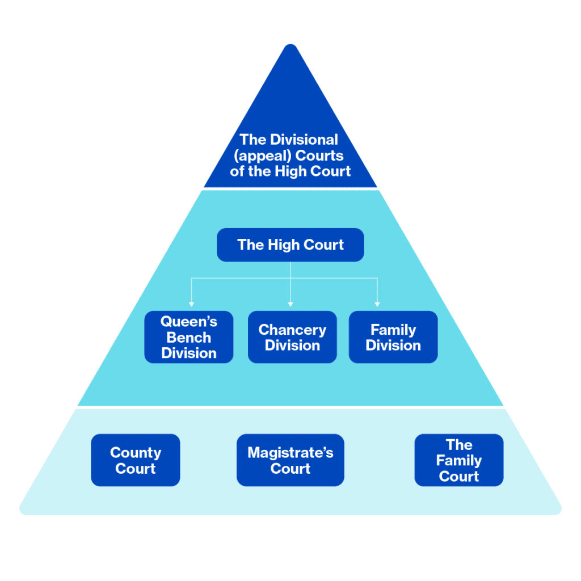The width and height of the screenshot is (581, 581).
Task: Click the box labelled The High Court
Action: pos(290,245)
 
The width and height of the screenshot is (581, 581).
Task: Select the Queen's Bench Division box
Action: pos(189,337)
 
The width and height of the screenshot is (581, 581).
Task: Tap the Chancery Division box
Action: pos(292,337)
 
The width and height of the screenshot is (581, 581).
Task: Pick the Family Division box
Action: pos(393,337)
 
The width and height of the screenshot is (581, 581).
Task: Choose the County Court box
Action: pos(136,460)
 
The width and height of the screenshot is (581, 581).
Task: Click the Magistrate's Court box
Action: pos(290,460)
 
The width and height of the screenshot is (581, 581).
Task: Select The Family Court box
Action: pos(458,460)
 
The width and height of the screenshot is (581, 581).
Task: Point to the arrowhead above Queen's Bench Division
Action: pos(191,304)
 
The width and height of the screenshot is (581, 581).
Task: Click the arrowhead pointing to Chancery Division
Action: pos(290,304)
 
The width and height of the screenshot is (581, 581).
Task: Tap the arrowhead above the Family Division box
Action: pos(377,304)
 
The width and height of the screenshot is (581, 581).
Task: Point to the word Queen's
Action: pos(189,322)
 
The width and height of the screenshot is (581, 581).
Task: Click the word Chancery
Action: pos(292,330)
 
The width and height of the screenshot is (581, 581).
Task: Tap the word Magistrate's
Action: pos(290,453)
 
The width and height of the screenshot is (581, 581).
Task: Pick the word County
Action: pos(136,453)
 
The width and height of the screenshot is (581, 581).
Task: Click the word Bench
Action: pos(189,338)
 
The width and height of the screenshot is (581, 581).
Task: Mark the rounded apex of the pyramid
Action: pos(290,48)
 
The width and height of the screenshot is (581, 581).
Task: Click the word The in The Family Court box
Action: pos(458,444)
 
